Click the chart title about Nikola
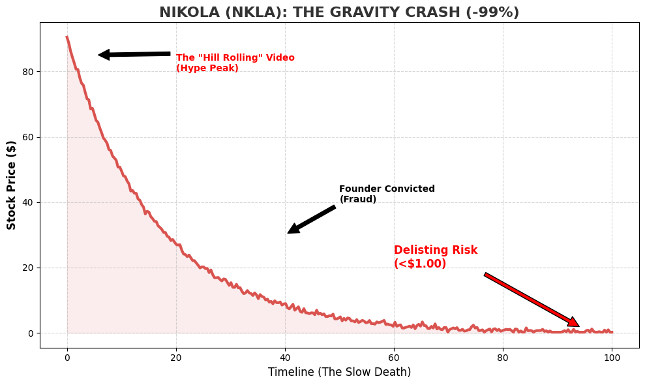coord(339,12)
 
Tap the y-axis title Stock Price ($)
coord(12,185)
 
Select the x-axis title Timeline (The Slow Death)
coord(339,372)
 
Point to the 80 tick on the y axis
coord(29,72)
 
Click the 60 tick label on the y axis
coord(29,137)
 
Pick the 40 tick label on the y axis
coord(29,202)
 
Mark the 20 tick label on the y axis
coord(29,268)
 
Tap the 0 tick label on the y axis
coord(31,333)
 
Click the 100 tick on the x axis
coord(611,357)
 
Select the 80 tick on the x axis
coord(503,357)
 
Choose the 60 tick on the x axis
coord(394,357)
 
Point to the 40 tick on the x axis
coord(285,357)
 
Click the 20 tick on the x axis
coord(176,357)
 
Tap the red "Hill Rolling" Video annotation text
coord(235,63)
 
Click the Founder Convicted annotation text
coord(387,194)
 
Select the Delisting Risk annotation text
coord(435,257)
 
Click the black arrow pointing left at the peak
coord(134,54)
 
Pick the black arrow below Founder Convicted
coord(312,219)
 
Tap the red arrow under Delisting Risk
coord(532,300)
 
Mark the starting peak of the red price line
coord(67,37)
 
